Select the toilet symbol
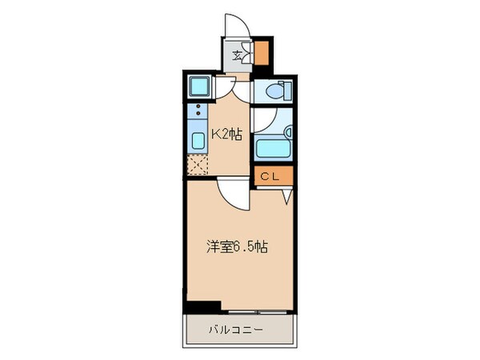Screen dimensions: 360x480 point(273,91)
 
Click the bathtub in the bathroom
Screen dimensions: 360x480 point(272,148)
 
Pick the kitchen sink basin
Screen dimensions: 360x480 point(198,142)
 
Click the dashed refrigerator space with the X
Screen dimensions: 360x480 point(198,166)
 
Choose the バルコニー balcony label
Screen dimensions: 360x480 point(238,330)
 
